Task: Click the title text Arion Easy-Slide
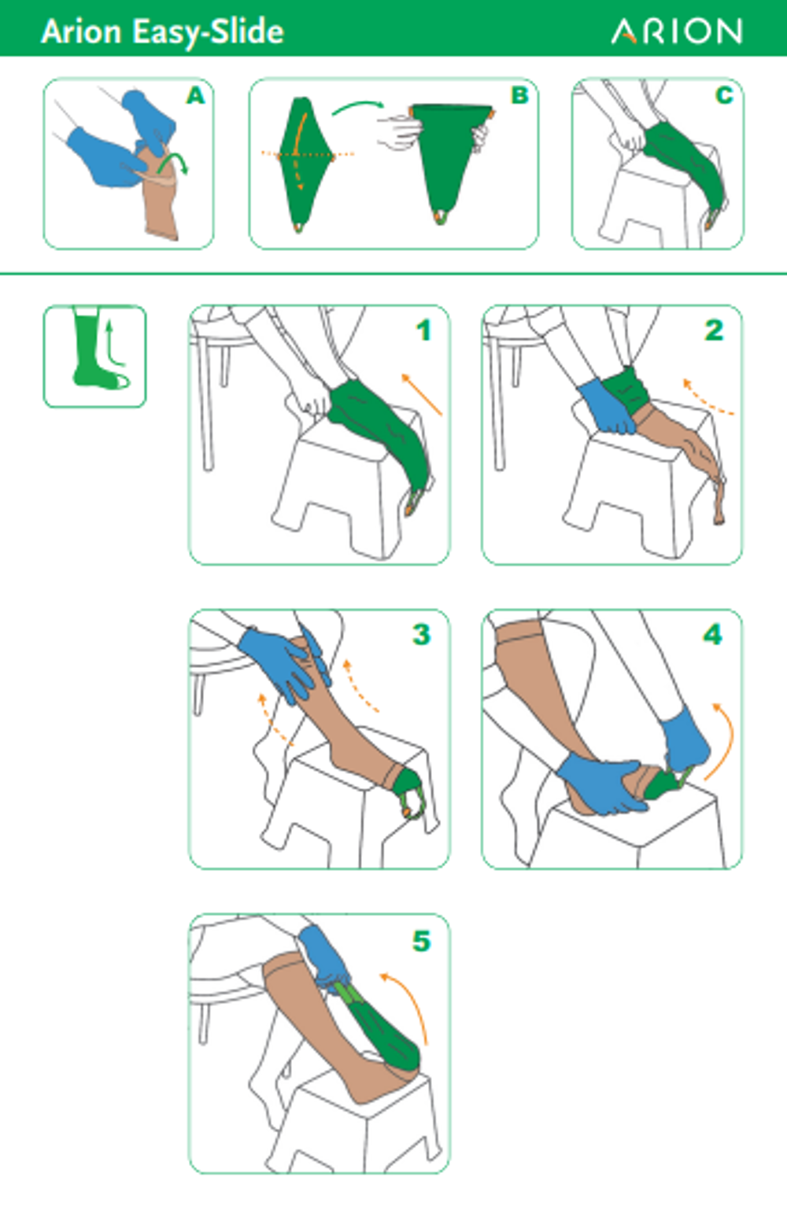point(162,32)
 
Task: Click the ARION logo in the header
point(677,31)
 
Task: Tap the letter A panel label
point(195,95)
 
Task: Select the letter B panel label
point(520,95)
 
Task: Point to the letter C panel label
point(724,95)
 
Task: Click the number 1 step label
point(424,330)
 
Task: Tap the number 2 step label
point(715,330)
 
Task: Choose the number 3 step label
point(422,634)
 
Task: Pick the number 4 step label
point(713,634)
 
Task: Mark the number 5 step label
point(422,941)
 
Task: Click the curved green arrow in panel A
point(173,160)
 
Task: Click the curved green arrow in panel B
point(357,105)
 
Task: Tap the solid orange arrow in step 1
point(422,395)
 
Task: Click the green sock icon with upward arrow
point(94,356)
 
